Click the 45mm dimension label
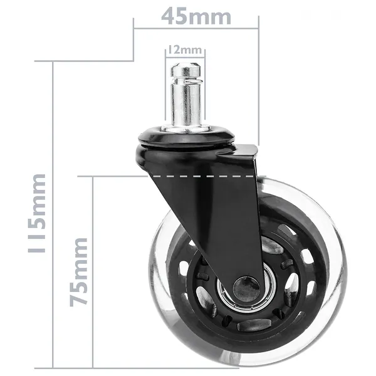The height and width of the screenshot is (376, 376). [196, 16]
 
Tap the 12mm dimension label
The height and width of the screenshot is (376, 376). [185, 50]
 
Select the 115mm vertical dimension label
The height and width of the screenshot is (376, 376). [37, 213]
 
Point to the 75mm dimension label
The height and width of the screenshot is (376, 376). [78, 272]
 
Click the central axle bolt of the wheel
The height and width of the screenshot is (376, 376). [246, 289]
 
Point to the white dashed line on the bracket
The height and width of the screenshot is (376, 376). [203, 177]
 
